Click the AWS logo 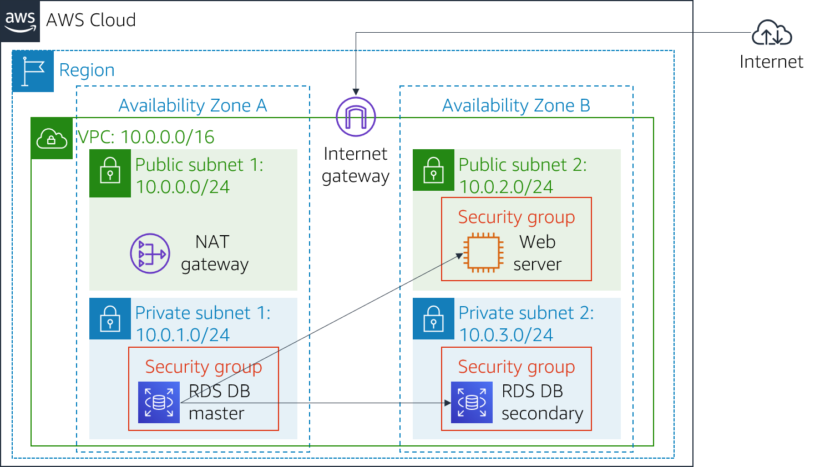point(20,21)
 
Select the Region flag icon point(33,71)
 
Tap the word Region point(87,70)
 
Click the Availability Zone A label point(193,105)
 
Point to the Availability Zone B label point(516,105)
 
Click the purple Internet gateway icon point(356,116)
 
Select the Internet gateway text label point(356,165)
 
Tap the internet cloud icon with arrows point(771,33)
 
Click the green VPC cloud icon point(52,138)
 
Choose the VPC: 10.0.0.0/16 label point(145,137)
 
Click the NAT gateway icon point(150,253)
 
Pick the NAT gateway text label point(214,253)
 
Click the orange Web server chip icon point(484,253)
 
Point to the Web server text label point(537,253)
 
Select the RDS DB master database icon point(159,402)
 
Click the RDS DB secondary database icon point(472,402)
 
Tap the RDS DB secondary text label point(542,402)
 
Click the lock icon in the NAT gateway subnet point(110,170)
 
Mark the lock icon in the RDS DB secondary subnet point(433,318)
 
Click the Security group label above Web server point(516,217)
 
